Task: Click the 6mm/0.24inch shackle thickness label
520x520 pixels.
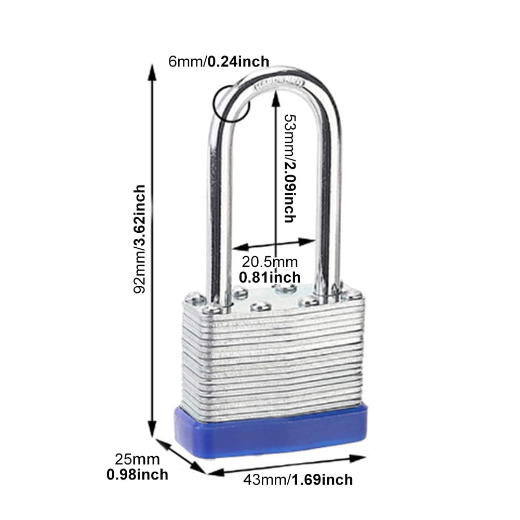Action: [219, 62]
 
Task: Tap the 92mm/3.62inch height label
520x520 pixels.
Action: [139, 239]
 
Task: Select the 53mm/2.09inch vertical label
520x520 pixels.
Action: [290, 168]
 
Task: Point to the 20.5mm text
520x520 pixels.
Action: [269, 262]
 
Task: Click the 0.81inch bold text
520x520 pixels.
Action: [270, 277]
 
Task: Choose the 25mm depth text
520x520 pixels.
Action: [137, 460]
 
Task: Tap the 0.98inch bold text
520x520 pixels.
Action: [137, 475]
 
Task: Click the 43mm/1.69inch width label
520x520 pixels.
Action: [298, 480]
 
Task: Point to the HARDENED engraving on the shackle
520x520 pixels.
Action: [279, 83]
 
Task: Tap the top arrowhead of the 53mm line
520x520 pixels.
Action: [276, 99]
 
